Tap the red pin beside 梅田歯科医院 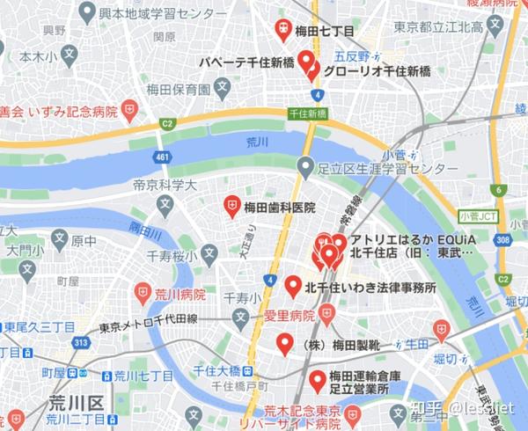pos(232,206)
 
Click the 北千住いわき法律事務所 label pos(370,287)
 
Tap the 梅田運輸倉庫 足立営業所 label pos(364,384)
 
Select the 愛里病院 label pos(290,314)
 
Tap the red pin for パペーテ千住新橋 pos(306,62)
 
